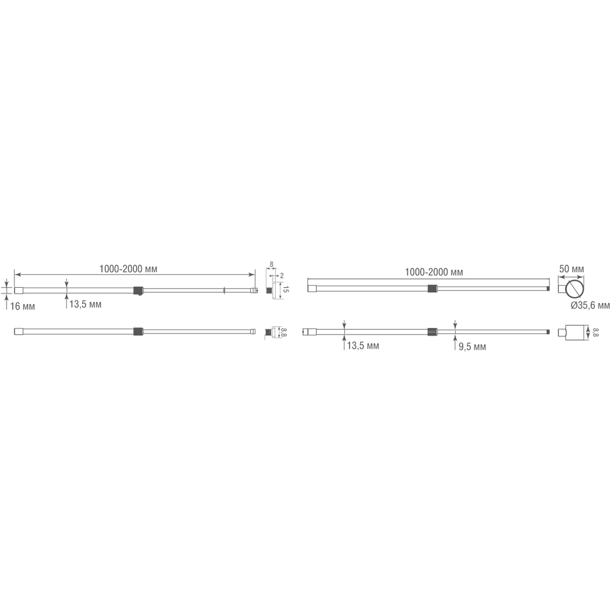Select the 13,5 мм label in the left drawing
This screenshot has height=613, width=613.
(x=85, y=305)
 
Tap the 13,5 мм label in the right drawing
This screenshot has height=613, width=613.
(x=363, y=346)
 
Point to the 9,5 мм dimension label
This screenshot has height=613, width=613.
(x=472, y=347)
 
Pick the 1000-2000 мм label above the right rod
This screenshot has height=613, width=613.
(x=434, y=272)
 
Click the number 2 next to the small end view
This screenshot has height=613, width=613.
(x=282, y=275)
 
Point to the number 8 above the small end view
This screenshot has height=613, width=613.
(x=271, y=265)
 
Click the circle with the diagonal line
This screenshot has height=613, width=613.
(x=575, y=289)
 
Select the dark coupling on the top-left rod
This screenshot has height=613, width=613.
(x=137, y=291)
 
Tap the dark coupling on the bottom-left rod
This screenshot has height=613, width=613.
(x=137, y=332)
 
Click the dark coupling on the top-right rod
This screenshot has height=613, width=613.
(x=433, y=288)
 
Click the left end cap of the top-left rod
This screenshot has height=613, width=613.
(x=18, y=291)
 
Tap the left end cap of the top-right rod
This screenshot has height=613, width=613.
(x=311, y=289)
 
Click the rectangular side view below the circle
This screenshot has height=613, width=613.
(x=575, y=333)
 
